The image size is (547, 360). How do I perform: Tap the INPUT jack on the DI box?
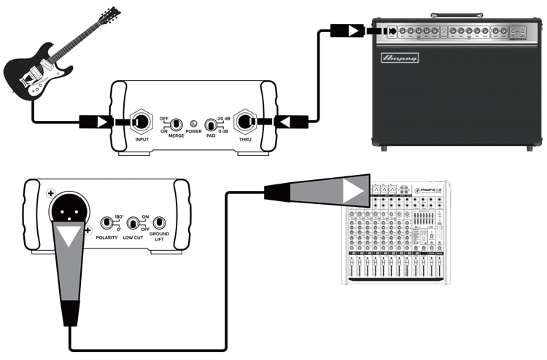[140, 121]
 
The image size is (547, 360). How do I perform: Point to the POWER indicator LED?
[193, 123]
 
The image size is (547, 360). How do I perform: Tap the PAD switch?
[212, 123]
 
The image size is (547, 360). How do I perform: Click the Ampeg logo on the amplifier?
[400, 58]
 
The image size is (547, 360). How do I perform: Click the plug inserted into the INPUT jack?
[98, 121]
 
